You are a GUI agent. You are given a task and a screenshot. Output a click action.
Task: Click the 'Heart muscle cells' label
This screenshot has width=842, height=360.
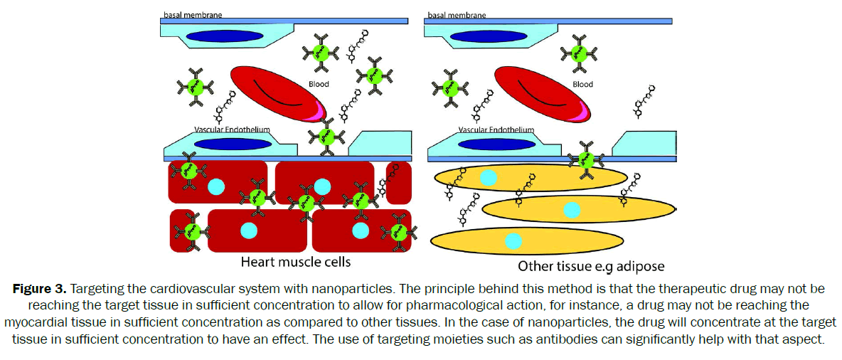tap(295, 262)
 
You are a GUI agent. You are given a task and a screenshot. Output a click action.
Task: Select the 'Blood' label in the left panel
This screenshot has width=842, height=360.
tap(319, 83)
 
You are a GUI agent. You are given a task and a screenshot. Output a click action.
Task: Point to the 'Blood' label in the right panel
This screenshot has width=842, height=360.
tap(582, 84)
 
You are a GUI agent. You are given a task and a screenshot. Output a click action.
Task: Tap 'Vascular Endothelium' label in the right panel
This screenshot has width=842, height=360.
tap(496, 130)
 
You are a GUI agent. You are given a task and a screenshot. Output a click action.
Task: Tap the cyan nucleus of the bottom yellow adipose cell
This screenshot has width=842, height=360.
tap(513, 242)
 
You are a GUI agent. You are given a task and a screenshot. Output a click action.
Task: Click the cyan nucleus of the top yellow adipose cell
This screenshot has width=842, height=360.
tap(488, 177)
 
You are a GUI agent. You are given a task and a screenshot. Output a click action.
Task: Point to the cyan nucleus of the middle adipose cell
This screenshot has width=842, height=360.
tap(572, 209)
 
